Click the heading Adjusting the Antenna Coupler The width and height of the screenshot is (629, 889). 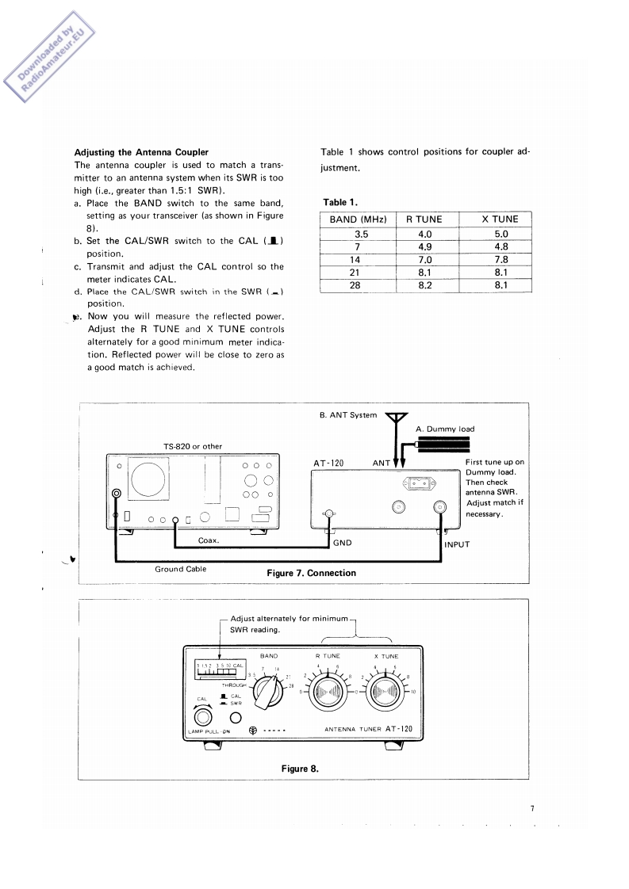click(x=141, y=152)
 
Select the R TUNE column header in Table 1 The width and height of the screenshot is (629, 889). click(x=424, y=219)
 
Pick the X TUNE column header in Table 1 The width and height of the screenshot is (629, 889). click(x=500, y=219)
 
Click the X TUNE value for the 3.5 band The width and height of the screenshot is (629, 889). click(x=500, y=234)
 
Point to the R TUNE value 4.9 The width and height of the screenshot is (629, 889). click(x=424, y=246)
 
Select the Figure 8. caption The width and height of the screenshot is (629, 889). click(x=300, y=767)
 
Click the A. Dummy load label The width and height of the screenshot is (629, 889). click(x=445, y=429)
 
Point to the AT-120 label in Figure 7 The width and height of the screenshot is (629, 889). click(x=328, y=464)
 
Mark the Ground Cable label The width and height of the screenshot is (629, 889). click(x=180, y=569)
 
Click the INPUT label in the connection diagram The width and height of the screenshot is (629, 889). click(x=458, y=545)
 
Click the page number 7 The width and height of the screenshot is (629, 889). click(x=532, y=809)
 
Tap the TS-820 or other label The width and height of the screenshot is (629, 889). click(x=193, y=446)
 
